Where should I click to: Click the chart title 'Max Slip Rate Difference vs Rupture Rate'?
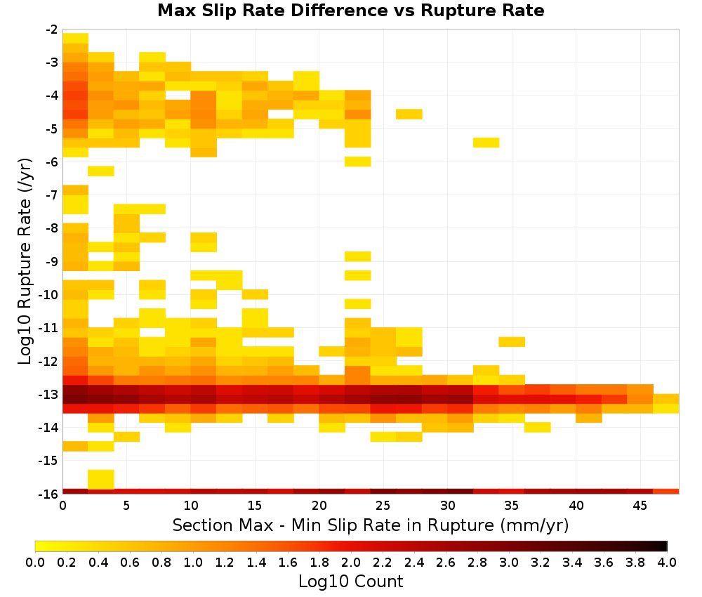351,11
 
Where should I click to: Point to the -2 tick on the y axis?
52,29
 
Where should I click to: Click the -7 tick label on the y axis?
52,195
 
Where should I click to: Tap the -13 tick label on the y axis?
49,394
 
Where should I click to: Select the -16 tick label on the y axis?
49,494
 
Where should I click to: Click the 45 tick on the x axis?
640,506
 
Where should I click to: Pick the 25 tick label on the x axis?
383,506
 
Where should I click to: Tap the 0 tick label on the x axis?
62,506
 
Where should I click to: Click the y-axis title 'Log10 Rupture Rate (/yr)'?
25,261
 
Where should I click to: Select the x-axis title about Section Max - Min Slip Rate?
371,525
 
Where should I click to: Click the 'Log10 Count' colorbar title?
351,582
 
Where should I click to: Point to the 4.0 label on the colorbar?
667,562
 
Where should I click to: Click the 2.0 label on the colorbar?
351,562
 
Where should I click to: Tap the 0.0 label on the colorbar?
35,562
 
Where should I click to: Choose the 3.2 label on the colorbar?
541,562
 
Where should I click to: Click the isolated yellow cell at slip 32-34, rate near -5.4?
486,143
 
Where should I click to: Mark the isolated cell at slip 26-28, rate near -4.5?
409,114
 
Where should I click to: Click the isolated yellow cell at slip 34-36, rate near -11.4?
512,342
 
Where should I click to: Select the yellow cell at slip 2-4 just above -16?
100,479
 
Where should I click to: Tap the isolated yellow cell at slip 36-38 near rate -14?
537,427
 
